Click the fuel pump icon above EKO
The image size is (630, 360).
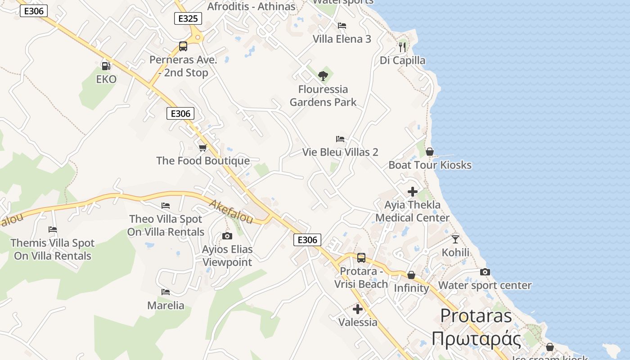click(x=106, y=66)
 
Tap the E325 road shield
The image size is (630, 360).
click(x=188, y=18)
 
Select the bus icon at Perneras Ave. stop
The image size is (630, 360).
click(x=183, y=46)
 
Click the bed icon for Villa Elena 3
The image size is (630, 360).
click(x=342, y=26)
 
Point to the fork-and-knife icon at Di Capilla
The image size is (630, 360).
click(x=402, y=47)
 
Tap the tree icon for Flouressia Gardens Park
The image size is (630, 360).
click(x=323, y=76)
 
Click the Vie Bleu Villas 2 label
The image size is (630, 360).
click(x=340, y=152)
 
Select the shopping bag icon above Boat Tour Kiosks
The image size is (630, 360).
click(x=430, y=152)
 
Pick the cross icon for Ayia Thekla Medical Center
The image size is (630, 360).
click(x=413, y=192)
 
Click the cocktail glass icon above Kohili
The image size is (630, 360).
click(x=455, y=239)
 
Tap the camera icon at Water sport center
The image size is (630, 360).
click(x=485, y=272)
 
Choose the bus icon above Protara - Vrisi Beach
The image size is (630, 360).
click(x=361, y=258)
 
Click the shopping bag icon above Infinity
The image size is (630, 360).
click(x=411, y=275)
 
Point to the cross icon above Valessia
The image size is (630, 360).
click(x=358, y=309)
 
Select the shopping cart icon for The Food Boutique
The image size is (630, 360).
click(x=203, y=148)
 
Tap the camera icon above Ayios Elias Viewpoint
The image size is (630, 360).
click(x=227, y=236)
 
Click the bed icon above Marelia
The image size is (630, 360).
click(x=166, y=292)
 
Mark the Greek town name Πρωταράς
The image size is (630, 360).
click(x=476, y=339)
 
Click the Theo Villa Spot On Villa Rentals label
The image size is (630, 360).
click(x=166, y=225)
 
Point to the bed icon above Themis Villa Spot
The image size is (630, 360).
click(x=53, y=229)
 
